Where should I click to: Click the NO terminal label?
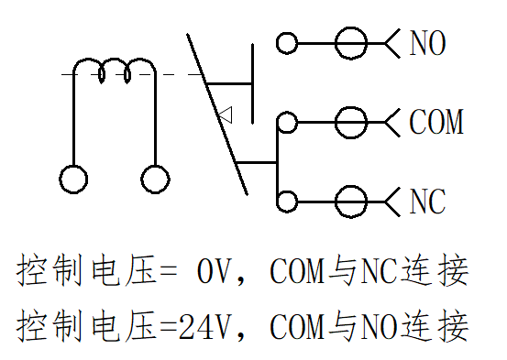(428, 43)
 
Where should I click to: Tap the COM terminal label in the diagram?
(436, 122)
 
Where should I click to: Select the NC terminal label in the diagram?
(427, 202)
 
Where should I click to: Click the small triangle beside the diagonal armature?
(226, 115)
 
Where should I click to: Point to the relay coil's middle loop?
(115, 60)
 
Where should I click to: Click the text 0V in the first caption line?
(216, 271)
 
